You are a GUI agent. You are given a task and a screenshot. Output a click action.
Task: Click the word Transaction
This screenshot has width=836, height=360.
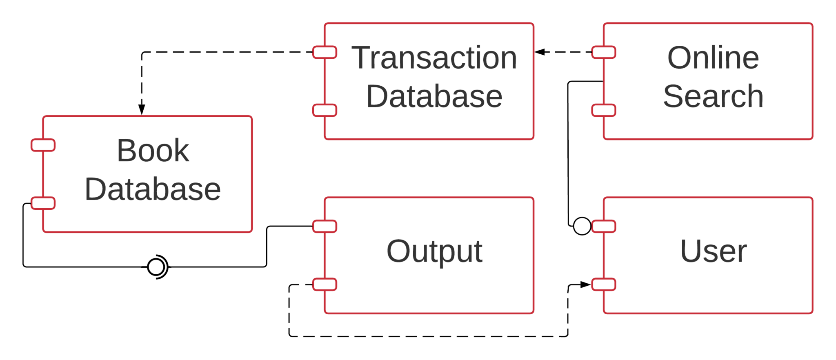tap(434, 58)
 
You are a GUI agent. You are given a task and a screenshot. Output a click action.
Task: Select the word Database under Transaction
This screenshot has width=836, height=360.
tap(434, 97)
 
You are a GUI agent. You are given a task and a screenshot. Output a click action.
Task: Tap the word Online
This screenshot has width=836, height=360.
tap(713, 58)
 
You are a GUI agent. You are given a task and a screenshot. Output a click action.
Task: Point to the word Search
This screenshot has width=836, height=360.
tap(713, 97)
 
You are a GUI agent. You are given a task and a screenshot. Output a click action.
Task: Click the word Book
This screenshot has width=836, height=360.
tap(153, 151)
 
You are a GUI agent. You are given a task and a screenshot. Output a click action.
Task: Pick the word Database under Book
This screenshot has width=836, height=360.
tap(153, 189)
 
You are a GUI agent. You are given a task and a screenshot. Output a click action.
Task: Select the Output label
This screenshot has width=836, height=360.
tap(434, 251)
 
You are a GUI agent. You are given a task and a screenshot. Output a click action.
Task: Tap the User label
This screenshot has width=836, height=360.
tap(713, 251)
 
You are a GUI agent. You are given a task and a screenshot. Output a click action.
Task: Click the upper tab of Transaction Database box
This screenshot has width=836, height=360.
tap(325, 52)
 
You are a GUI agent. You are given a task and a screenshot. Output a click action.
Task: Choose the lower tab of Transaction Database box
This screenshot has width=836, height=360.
tap(325, 110)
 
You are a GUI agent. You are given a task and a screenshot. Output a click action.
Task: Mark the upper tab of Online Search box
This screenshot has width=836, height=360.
tap(604, 52)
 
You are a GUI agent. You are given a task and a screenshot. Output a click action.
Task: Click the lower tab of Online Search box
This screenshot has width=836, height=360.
tap(604, 110)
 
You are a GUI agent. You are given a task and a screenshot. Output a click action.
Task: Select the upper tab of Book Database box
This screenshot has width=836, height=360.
tap(43, 145)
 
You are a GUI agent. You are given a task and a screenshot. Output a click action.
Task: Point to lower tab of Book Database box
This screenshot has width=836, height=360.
tap(43, 203)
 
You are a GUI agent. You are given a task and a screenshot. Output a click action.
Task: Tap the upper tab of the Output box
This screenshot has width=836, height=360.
tap(325, 226)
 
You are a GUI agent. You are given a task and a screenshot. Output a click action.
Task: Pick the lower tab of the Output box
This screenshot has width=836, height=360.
tap(325, 284)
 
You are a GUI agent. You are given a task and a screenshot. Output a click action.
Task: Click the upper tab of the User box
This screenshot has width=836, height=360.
tap(604, 226)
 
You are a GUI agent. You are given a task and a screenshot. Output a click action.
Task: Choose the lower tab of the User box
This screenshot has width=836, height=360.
tap(604, 284)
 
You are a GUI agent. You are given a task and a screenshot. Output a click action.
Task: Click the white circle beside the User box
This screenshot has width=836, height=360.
tap(582, 226)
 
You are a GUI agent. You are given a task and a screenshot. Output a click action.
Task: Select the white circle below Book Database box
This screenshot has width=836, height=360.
tap(156, 267)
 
